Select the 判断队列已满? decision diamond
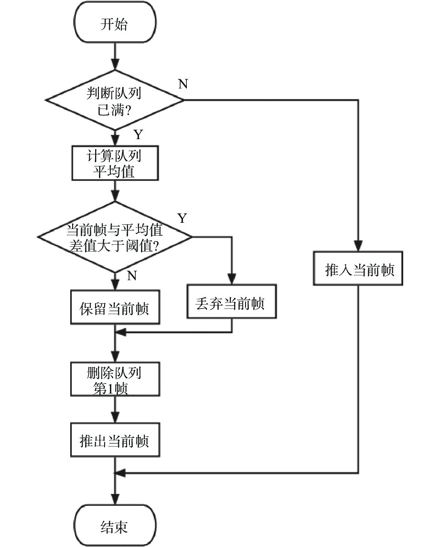pos(115,100)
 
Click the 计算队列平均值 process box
pos(115,163)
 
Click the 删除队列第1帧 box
pos(115,379)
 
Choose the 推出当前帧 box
pos(115,440)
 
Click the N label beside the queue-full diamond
pos(183,84)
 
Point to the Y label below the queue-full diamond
pos(138,135)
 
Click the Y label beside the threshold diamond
pos(182,219)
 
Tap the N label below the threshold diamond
pos(132,275)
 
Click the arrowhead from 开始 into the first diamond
pos(115,64)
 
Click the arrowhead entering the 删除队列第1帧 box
pos(115,357)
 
